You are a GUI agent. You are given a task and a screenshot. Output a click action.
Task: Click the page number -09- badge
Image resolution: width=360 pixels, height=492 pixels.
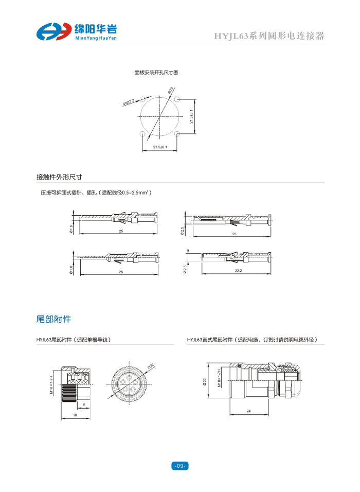179,466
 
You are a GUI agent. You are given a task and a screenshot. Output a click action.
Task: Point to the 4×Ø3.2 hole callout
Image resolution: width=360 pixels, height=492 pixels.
129,102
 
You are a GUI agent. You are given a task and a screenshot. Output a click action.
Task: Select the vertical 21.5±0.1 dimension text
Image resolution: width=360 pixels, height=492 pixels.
191,116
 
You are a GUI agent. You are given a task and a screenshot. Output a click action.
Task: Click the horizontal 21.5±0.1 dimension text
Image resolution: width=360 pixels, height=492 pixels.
160,148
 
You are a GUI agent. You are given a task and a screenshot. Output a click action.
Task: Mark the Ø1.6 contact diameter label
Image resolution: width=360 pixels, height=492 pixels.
71,229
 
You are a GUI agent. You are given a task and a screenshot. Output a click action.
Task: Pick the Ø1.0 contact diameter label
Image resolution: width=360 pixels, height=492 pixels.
71,269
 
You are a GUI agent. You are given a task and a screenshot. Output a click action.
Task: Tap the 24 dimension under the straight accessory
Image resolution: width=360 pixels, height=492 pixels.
248,411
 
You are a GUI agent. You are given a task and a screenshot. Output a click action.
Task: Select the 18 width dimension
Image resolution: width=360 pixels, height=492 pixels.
75,415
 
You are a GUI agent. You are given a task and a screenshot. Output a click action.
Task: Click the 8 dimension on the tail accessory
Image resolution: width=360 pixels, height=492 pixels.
84,405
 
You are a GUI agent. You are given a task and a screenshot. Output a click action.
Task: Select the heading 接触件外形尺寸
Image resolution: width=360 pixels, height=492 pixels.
59,177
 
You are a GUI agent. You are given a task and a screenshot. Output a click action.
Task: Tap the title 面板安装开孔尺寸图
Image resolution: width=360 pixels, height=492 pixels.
156,73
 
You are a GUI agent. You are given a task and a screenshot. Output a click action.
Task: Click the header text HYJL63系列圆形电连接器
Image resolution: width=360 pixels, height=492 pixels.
269,36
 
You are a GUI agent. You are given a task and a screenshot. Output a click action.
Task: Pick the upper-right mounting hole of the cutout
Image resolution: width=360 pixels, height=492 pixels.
177,99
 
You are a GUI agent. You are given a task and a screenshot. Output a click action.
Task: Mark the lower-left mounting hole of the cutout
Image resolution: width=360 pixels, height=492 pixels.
142,134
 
